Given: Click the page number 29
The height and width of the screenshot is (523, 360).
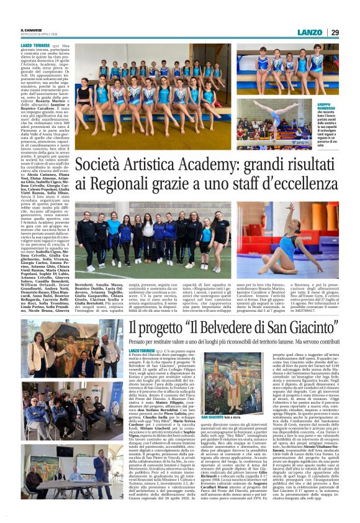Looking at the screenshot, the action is point(335,32).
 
